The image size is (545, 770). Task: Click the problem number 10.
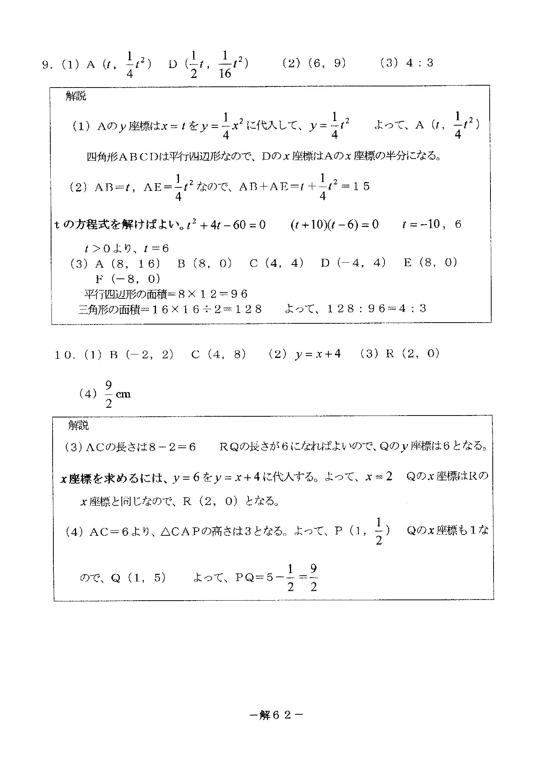click(x=64, y=355)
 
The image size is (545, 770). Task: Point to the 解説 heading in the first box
click(x=76, y=96)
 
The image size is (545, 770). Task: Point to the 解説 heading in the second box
click(x=78, y=425)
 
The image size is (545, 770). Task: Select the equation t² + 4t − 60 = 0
click(x=226, y=225)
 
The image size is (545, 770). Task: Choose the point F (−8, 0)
click(x=128, y=278)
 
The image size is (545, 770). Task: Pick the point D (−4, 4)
click(x=353, y=263)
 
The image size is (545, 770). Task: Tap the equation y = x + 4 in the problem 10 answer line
click(x=318, y=354)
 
